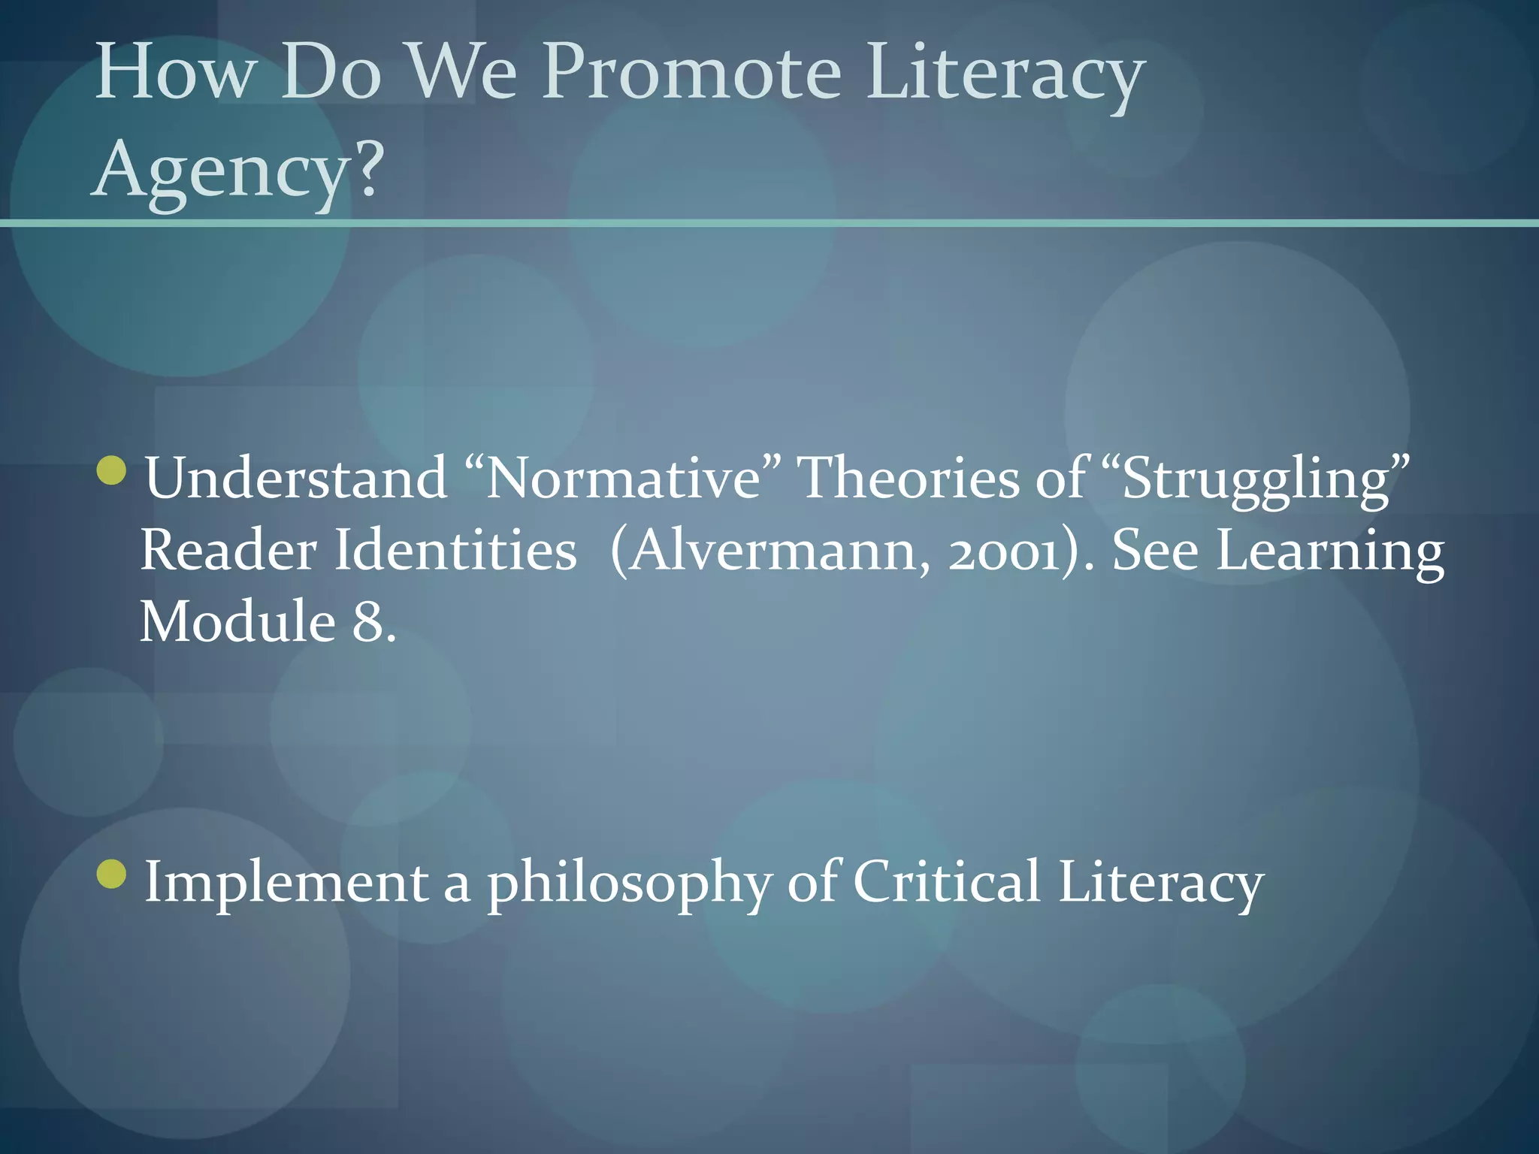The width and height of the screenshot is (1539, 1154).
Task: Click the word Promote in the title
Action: tap(691, 73)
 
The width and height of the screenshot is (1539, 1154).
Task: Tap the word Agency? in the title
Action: tap(237, 171)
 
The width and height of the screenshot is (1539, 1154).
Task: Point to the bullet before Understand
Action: tap(112, 470)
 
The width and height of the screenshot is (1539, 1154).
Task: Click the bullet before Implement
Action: tap(112, 874)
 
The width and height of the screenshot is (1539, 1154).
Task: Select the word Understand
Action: tap(296, 478)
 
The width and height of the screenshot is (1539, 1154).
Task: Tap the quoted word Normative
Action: tap(623, 478)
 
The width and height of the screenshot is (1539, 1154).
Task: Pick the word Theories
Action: tap(907, 478)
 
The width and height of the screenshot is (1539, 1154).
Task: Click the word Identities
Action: tap(455, 550)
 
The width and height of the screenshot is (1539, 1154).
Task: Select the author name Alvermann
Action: tap(774, 550)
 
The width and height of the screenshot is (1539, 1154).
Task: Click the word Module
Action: tap(237, 622)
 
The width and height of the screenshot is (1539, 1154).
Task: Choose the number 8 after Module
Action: tap(367, 623)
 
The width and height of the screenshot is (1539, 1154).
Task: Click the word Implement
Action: tap(286, 881)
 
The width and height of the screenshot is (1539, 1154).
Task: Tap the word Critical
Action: tap(946, 881)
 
